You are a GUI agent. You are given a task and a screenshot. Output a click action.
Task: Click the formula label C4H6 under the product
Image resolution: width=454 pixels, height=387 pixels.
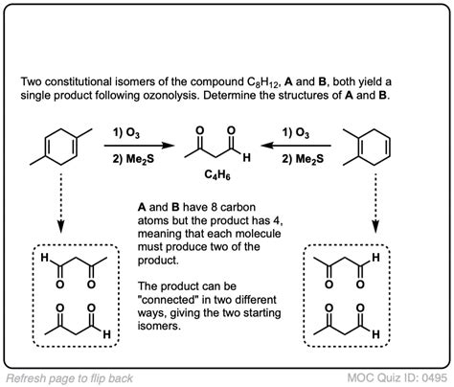click(x=226, y=175)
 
